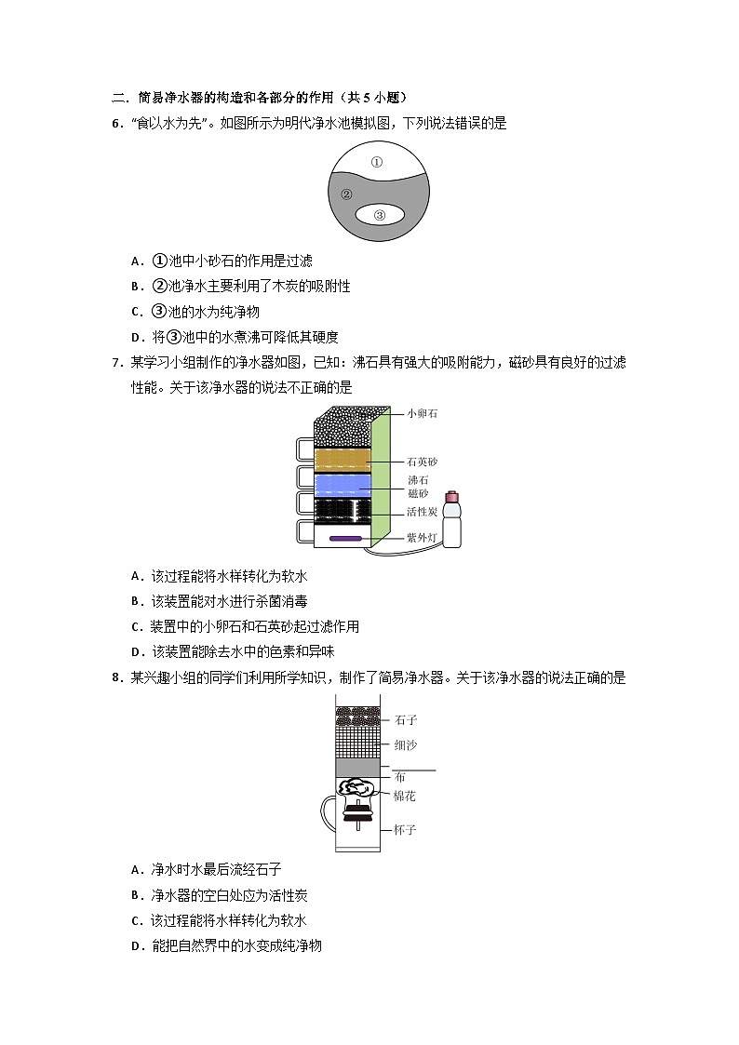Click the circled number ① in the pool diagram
(x=377, y=161)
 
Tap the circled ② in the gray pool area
(x=346, y=194)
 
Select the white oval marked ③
(x=380, y=215)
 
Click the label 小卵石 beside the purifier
(x=422, y=413)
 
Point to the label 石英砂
(x=422, y=462)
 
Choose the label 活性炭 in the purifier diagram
(x=422, y=512)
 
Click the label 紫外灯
(x=422, y=538)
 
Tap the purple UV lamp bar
(x=345, y=538)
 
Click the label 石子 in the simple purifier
(x=406, y=719)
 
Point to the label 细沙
(x=406, y=745)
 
